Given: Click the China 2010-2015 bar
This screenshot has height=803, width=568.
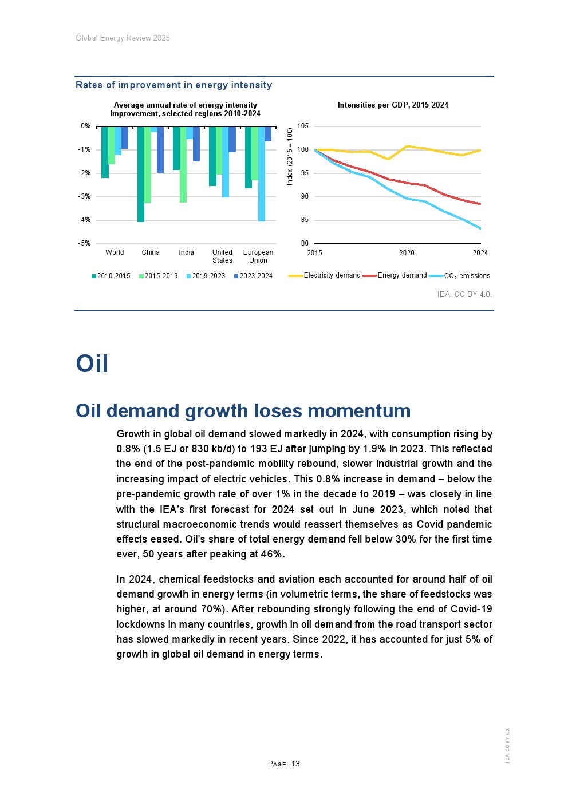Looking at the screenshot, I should coord(141,174).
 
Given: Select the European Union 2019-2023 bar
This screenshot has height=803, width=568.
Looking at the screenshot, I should coord(262,174).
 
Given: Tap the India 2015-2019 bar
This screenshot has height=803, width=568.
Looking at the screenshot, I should coord(183,164).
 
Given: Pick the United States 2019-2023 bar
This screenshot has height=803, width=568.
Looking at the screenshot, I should coord(226,162).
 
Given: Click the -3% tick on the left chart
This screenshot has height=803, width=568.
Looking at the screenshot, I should coord(85,196).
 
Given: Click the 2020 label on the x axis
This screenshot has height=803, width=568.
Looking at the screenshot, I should coord(407,253).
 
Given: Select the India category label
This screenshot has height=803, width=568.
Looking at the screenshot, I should coord(186,252).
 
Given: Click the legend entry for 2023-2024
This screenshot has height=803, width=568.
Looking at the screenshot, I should coord(253,276).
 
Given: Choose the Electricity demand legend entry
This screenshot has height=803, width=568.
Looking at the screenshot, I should coord(332,275).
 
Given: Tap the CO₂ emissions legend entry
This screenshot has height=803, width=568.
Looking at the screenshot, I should coord(467,276).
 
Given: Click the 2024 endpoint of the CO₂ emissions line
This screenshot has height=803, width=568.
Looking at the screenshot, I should coord(480,228).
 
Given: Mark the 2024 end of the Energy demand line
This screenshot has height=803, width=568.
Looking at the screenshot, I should coord(480,204).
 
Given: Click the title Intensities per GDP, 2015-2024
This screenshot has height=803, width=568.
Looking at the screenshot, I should coord(393,105).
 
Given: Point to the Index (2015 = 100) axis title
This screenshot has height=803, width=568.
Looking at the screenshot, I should coord(290,156).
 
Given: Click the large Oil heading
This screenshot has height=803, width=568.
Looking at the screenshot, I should coord(92,364).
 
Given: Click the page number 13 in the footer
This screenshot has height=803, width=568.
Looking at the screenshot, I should coord(295,764).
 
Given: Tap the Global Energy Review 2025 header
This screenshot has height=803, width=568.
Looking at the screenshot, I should coord(123,38).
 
